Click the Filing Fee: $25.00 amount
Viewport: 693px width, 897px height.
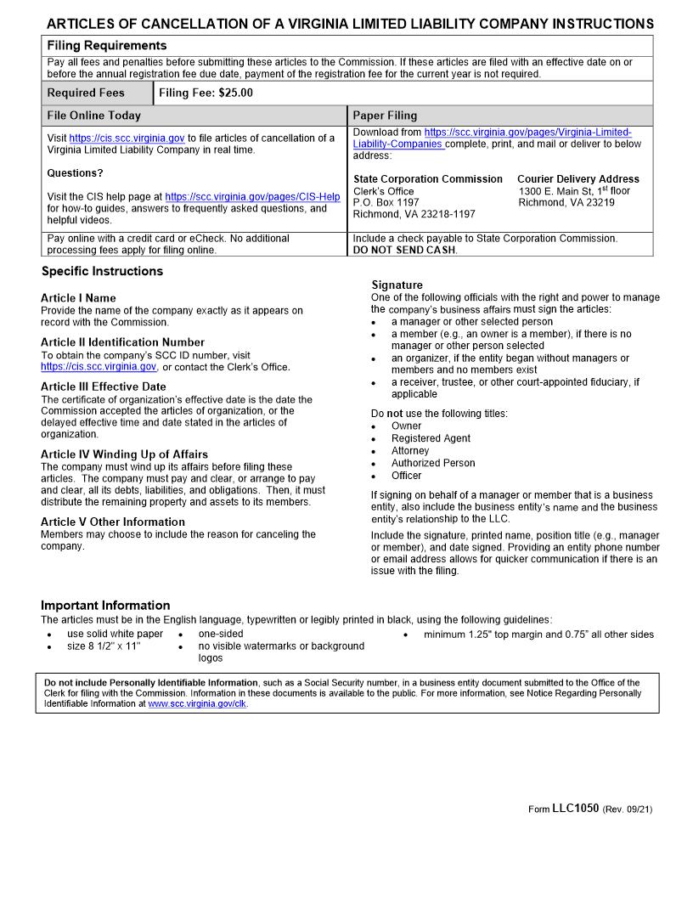(x=206, y=93)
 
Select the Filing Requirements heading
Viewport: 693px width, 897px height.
(x=106, y=46)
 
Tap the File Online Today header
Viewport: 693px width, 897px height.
(x=94, y=116)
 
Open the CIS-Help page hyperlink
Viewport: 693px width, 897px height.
(x=252, y=196)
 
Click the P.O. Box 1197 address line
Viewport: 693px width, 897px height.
(x=386, y=203)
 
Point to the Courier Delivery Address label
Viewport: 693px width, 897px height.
(x=577, y=179)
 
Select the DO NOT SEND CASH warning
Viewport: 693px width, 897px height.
(x=404, y=250)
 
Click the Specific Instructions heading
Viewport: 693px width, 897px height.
(x=102, y=272)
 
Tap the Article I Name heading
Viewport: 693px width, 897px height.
(x=78, y=298)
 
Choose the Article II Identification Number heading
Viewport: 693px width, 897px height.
(x=122, y=342)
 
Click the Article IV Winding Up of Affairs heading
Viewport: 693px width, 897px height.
(x=124, y=454)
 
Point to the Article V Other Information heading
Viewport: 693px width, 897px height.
(x=112, y=522)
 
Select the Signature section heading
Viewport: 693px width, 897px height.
(x=397, y=285)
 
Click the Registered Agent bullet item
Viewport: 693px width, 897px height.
(x=431, y=438)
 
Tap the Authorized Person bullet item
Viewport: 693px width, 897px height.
(x=433, y=463)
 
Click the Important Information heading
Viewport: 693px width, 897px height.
(x=105, y=606)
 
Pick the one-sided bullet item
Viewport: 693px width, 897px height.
(x=221, y=634)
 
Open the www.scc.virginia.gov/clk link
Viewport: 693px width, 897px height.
(x=197, y=704)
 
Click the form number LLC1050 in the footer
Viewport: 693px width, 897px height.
(x=575, y=809)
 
